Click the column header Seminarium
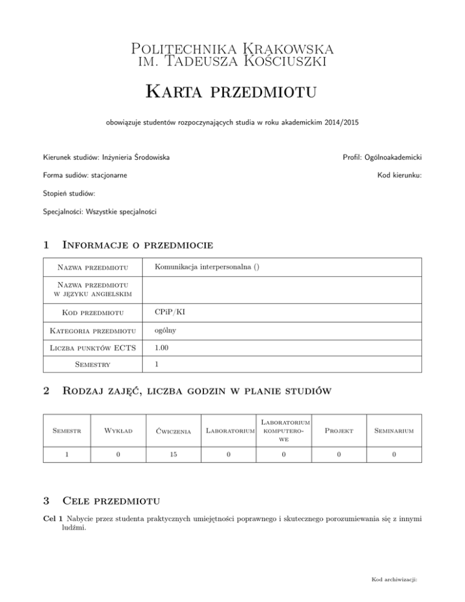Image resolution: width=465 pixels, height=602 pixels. (394, 431)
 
